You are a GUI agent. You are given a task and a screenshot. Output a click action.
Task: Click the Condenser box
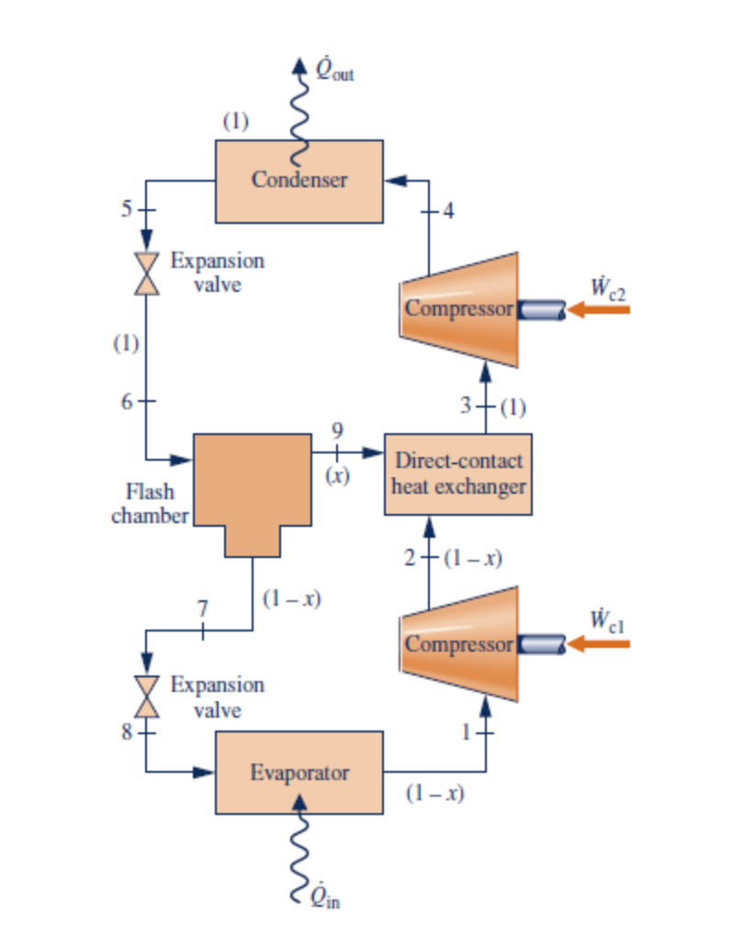click(x=299, y=181)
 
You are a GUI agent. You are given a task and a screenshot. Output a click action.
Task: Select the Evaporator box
click(x=299, y=772)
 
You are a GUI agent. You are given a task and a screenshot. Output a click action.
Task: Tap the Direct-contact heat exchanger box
click(x=457, y=474)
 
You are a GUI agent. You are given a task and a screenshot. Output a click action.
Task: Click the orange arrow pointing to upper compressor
click(x=598, y=310)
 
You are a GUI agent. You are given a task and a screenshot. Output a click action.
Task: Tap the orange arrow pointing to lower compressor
click(x=598, y=644)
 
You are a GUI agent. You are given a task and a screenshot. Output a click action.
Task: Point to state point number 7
click(x=203, y=608)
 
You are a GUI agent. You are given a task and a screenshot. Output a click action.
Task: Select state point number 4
click(x=447, y=212)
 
